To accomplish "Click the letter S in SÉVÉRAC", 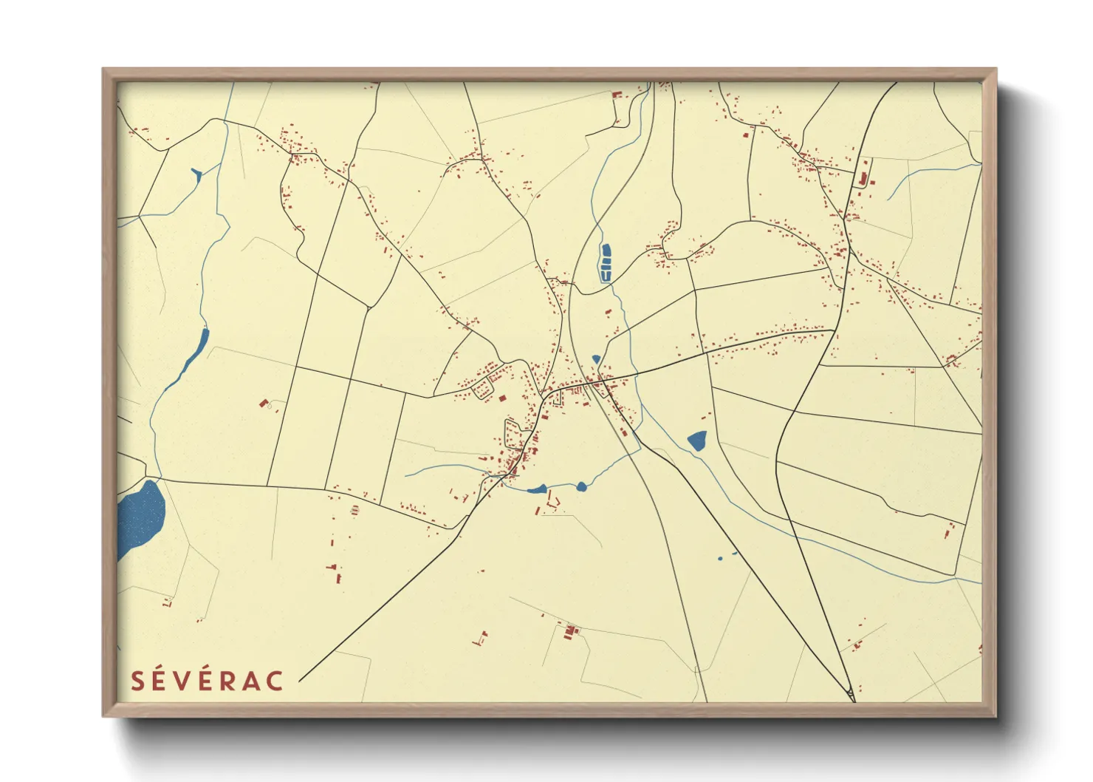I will [x=137, y=681].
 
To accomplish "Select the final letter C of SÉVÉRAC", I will [x=275, y=681].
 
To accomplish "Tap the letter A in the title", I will [x=251, y=681].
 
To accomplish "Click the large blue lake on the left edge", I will [x=140, y=517].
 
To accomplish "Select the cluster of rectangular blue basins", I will [x=606, y=262].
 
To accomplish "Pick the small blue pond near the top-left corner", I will [x=196, y=174].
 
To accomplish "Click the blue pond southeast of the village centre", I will [x=697, y=441].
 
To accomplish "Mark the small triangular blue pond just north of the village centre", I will [x=596, y=359].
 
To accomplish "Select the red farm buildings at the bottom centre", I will [x=569, y=631].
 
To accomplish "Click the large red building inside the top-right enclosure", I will [x=861, y=177].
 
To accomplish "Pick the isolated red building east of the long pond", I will [x=264, y=403].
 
